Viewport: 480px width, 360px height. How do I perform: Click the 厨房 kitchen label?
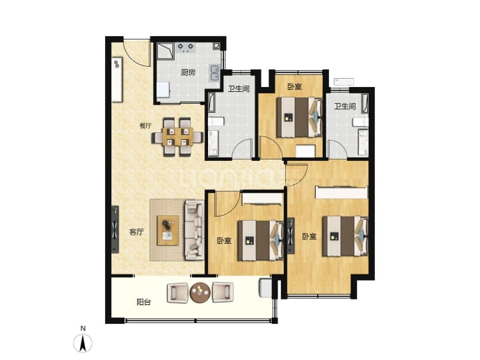[x=188, y=72]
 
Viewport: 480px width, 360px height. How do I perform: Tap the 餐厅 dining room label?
[x=145, y=125]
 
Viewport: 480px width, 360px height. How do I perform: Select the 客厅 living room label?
[x=136, y=232]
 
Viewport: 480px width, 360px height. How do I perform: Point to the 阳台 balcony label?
[x=143, y=302]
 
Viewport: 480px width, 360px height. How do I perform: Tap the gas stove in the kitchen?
[x=186, y=47]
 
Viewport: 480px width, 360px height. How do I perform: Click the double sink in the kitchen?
[x=214, y=73]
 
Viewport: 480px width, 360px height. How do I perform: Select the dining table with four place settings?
[x=177, y=136]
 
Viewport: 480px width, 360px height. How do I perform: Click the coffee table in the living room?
[x=168, y=230]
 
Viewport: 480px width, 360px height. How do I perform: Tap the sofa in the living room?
[x=194, y=230]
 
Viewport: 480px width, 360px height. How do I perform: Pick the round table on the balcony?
[x=200, y=292]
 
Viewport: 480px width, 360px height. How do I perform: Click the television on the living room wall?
[x=115, y=229]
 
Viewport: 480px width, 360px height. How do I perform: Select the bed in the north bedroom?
[x=298, y=118]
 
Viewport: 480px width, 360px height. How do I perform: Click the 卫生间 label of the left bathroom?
[x=239, y=89]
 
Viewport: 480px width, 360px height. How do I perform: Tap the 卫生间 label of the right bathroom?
[x=345, y=107]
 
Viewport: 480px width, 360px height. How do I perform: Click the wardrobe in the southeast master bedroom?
[x=342, y=192]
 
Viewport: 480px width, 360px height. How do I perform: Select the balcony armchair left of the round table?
[x=177, y=293]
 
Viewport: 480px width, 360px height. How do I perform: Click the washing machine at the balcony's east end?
[x=265, y=288]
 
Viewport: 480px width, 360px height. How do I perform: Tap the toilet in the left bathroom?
[x=216, y=121]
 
